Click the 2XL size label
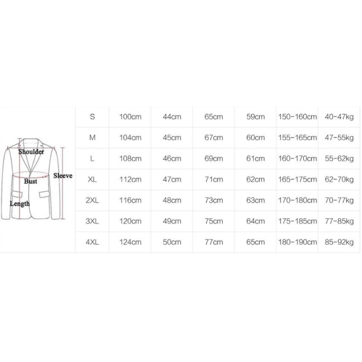[x=92, y=200]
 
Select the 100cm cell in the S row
[x=130, y=117]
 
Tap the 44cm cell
[x=172, y=117]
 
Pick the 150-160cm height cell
[x=297, y=117]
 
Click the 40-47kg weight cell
[x=339, y=117]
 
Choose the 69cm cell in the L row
[x=214, y=158]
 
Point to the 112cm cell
[x=130, y=179]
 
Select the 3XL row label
[x=92, y=221]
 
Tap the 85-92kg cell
[x=339, y=242]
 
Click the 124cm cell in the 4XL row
[x=130, y=242]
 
